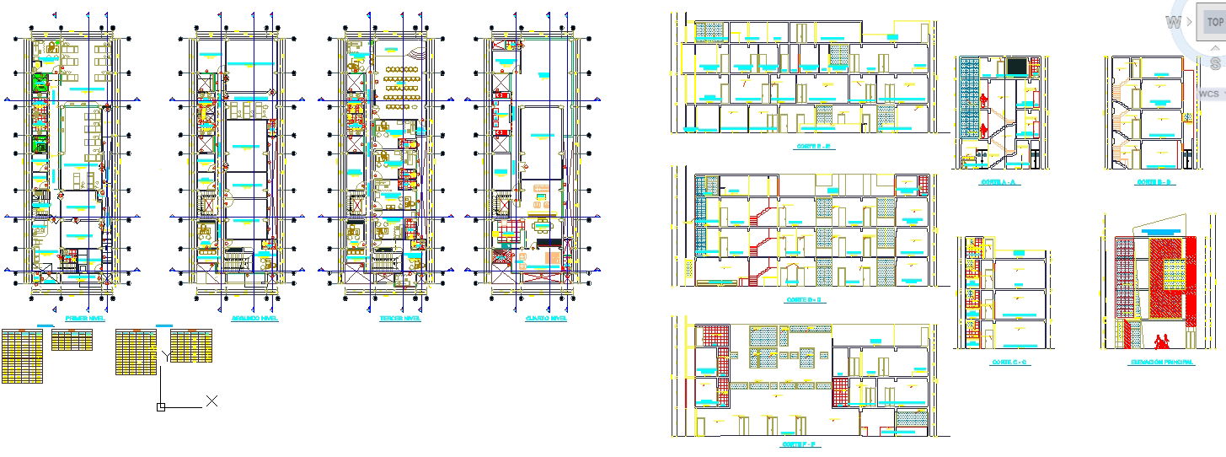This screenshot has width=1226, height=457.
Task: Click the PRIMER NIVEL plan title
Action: point(84,319)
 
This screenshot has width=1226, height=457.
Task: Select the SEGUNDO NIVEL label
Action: point(254,319)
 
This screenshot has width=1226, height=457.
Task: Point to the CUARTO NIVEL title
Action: point(546,319)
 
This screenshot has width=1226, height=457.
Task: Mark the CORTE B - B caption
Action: point(1154,182)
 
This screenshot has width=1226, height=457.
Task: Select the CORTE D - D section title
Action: point(803,299)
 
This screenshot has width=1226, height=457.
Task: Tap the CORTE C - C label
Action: point(1009,362)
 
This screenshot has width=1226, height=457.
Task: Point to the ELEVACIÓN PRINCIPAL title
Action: point(1161,362)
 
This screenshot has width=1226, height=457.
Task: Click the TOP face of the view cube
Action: point(1214,23)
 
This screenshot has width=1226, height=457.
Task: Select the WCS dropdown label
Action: point(1208,94)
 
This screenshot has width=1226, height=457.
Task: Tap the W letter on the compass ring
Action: point(1173,23)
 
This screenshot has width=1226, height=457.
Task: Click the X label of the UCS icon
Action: point(212,401)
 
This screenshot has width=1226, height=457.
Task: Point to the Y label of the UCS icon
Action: point(167,357)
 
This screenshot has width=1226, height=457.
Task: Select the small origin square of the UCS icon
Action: point(160,407)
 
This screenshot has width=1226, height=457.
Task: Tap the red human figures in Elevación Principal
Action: point(1164,341)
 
